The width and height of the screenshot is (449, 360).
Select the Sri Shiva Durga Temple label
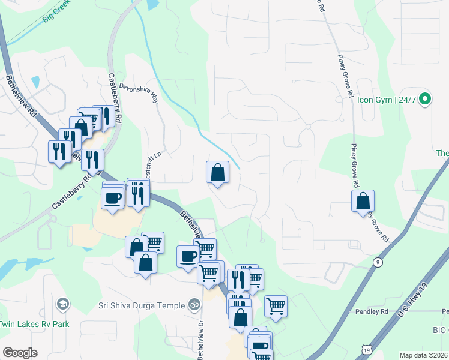pos(142,305)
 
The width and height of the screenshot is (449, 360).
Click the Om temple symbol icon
pos(194,305)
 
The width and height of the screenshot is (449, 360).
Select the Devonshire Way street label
pos(139,92)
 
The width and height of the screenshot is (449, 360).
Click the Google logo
pos(20,353)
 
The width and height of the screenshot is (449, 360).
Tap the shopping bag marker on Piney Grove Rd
pos(363,201)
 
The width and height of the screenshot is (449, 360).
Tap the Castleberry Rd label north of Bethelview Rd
pos(115,99)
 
